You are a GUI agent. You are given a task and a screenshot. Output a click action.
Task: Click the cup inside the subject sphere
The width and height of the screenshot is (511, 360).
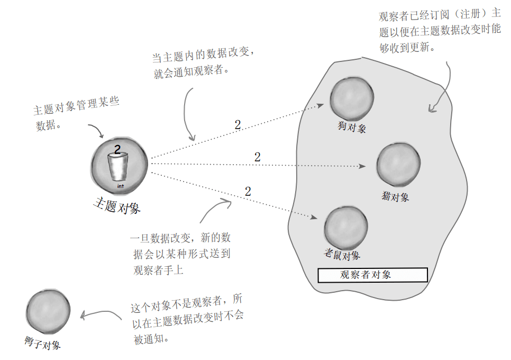click(117, 166)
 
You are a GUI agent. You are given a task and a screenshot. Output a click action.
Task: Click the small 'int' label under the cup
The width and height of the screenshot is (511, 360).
click(120, 186)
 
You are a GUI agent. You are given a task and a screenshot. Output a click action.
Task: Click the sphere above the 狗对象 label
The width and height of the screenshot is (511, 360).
click(352, 98)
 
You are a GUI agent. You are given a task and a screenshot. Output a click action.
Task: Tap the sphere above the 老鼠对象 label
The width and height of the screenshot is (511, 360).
click(346, 228)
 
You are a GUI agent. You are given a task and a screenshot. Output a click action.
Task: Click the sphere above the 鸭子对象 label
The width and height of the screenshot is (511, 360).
click(48, 312)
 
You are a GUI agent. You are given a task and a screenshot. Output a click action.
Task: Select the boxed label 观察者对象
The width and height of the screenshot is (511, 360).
click(372, 275)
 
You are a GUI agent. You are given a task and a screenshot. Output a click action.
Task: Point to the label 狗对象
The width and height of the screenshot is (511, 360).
click(352, 128)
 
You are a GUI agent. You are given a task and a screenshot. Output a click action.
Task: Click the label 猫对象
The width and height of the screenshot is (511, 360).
click(395, 197)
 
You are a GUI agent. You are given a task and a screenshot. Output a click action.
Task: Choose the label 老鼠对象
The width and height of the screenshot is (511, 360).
click(342, 255)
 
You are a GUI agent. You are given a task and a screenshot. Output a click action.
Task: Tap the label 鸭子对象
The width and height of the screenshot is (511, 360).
click(43, 344)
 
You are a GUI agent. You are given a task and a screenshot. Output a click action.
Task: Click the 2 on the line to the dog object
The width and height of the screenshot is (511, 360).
click(238, 125)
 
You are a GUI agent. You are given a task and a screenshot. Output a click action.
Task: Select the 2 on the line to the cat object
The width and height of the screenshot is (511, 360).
click(257, 157)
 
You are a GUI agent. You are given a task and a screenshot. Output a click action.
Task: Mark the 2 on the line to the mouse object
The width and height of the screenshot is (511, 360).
click(248, 192)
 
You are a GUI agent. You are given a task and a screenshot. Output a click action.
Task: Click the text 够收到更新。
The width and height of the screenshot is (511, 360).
click(407, 47)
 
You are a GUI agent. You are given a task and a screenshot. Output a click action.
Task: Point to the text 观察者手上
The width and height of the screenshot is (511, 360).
click(159, 271)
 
